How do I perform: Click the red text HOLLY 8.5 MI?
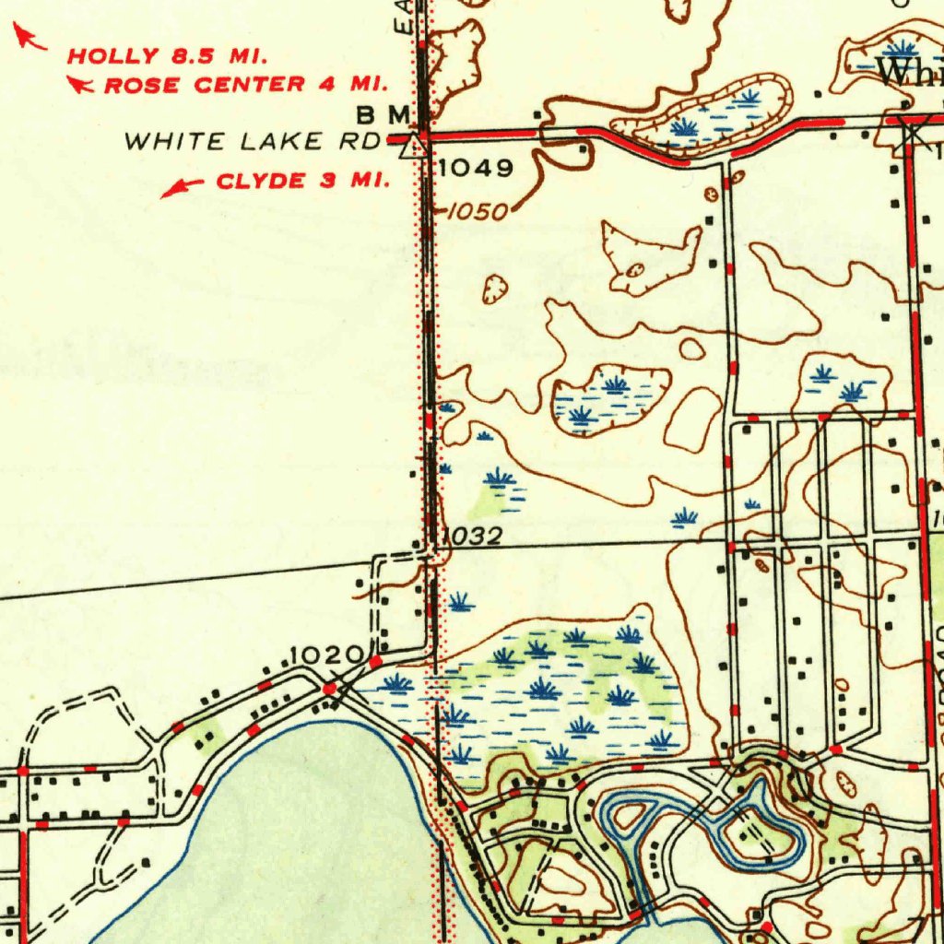pyautogui.click(x=167, y=55)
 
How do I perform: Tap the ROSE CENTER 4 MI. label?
pyautogui.click(x=244, y=86)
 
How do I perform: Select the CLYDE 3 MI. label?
pyautogui.click(x=302, y=181)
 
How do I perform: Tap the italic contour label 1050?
pyautogui.click(x=478, y=211)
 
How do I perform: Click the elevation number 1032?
pyautogui.click(x=471, y=536)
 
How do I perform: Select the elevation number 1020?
pyautogui.click(x=326, y=655)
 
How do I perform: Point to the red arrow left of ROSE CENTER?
pyautogui.click(x=81, y=86)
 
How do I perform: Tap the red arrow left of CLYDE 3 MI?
pyautogui.click(x=182, y=187)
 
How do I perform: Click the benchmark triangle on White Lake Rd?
pyautogui.click(x=418, y=144)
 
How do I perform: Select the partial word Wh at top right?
pyautogui.click(x=909, y=72)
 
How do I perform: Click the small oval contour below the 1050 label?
pyautogui.click(x=496, y=289)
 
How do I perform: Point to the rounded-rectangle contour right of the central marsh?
pyautogui.click(x=693, y=419)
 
